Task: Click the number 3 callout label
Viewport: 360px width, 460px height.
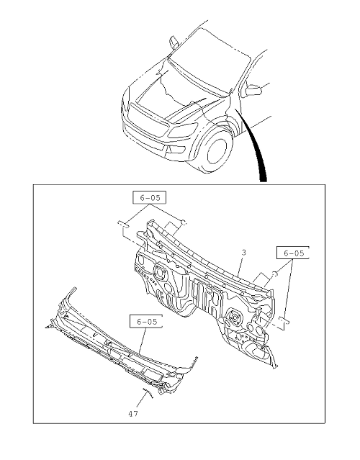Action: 244,252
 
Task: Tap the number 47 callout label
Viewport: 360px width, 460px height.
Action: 133,414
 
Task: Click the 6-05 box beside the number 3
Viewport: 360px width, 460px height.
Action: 293,253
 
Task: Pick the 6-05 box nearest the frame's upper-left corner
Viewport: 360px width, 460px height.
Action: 149,198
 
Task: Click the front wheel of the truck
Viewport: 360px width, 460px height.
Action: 217,150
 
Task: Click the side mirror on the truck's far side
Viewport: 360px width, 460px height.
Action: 174,42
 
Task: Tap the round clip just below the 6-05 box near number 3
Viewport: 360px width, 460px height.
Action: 275,274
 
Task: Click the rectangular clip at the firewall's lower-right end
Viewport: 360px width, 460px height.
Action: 284,320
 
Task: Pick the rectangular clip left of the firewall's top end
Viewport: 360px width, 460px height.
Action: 123,225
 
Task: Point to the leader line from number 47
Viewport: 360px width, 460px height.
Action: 141,401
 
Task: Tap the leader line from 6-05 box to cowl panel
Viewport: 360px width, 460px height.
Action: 143,341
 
